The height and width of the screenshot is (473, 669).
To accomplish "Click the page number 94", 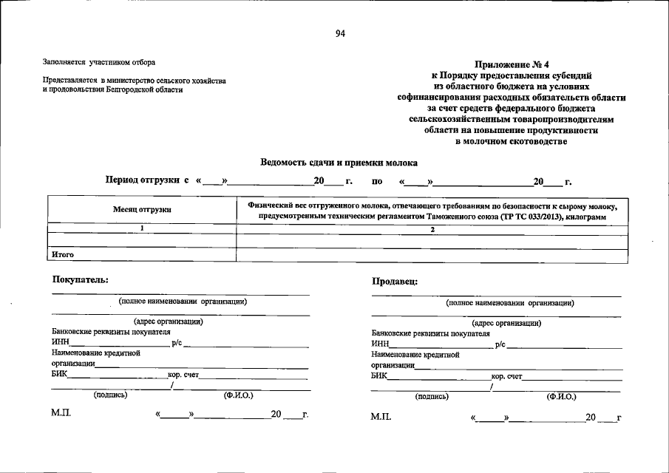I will [339, 33].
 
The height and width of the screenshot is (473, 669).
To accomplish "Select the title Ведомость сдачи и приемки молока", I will [339, 162].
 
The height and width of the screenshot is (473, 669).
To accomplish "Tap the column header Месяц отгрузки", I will [142, 210].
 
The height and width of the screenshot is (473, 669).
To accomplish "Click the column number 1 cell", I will [142, 229].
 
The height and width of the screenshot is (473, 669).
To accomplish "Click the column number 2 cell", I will [432, 230].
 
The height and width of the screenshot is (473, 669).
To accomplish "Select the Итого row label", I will [63, 254].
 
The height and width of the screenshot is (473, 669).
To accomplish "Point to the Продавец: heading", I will [395, 281].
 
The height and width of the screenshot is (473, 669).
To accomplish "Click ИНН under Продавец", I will [380, 344].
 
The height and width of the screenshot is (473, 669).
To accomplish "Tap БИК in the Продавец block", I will [379, 376].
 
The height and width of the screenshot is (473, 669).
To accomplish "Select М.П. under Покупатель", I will [61, 415].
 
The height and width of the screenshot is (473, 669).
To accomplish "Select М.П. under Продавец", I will [380, 418].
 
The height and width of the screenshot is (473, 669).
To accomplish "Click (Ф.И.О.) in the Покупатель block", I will [238, 395].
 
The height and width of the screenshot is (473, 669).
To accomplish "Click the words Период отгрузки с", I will [148, 180].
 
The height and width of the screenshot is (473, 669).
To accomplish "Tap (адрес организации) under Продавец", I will [506, 323].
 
